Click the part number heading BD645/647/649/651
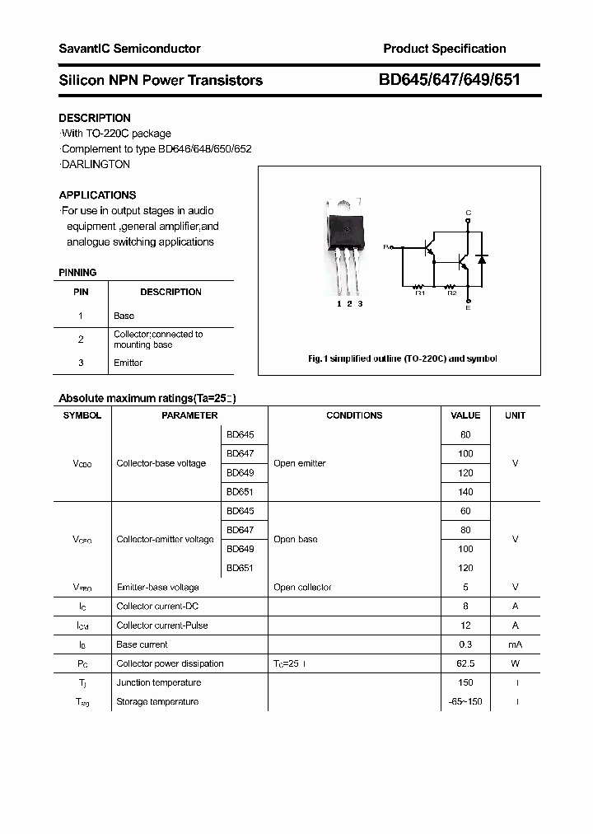point(449,80)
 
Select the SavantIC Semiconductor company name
point(129,49)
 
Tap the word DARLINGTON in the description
point(96,164)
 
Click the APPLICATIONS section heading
point(97,195)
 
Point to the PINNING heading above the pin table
point(77,272)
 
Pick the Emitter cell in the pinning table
point(128,363)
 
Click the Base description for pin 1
point(124,316)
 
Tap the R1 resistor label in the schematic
point(418,293)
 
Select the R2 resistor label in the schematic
point(451,293)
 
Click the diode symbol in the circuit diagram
point(483,259)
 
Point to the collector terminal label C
point(468,213)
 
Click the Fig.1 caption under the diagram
point(402,358)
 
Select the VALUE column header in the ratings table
point(465,415)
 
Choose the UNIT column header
point(515,415)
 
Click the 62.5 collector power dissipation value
point(465,663)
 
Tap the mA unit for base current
point(515,644)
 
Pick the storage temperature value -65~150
point(465,701)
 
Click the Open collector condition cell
point(302,588)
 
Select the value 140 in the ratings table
point(465,492)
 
